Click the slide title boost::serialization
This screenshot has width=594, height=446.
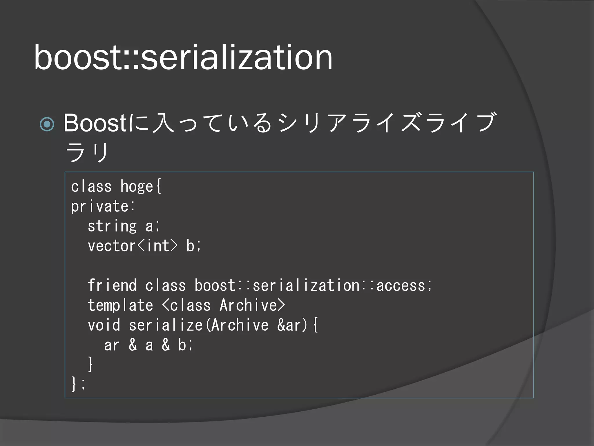(183, 57)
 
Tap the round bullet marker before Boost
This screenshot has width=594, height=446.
(47, 124)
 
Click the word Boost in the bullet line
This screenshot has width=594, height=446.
(95, 123)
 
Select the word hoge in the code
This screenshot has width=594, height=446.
(137, 186)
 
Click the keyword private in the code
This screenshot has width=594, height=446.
(99, 206)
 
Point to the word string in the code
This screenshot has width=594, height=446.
(112, 226)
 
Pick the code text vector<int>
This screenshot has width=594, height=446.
(132, 246)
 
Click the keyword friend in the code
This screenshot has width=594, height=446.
(112, 285)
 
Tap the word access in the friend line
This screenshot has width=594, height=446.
(401, 285)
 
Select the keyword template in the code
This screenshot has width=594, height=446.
(120, 305)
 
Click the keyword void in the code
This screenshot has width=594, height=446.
(104, 325)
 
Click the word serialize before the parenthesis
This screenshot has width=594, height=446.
(166, 325)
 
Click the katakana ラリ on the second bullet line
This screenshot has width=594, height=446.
(87, 152)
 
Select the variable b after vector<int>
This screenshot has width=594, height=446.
(190, 246)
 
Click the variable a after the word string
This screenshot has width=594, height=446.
(149, 226)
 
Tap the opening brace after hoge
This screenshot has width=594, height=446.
(158, 186)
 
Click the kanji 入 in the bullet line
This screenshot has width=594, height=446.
(163, 123)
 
